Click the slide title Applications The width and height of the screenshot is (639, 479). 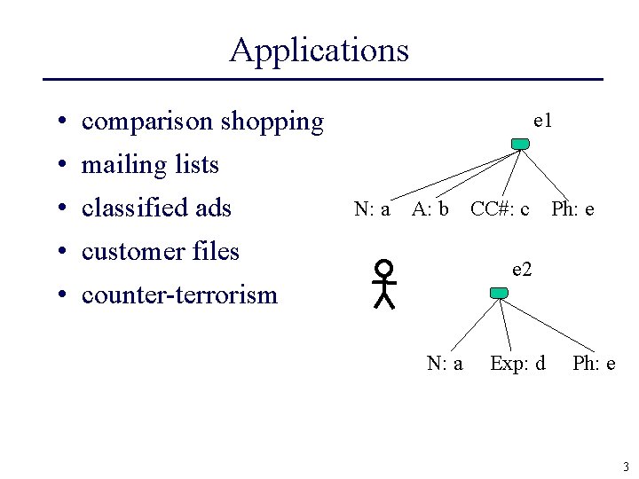tap(319, 50)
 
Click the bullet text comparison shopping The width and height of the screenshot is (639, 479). tap(202, 122)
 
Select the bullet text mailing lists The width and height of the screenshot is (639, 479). tap(150, 165)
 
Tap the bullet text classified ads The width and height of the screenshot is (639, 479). tap(156, 208)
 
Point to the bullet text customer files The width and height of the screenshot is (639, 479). tap(161, 252)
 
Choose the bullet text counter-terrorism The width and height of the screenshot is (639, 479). tap(179, 295)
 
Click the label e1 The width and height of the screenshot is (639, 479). tap(542, 120)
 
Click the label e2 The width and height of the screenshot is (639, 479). tap(522, 269)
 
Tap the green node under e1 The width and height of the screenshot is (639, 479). tap(520, 144)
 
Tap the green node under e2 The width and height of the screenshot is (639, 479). tap(499, 293)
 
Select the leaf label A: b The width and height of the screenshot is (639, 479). tap(430, 209)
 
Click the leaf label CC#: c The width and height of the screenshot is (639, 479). tap(500, 209)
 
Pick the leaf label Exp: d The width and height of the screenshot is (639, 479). tap(517, 363)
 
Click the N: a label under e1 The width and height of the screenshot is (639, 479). tap(372, 209)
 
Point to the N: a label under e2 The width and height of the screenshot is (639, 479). tap(445, 363)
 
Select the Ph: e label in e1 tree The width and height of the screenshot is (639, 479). tap(572, 209)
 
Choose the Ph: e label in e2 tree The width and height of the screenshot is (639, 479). tap(594, 363)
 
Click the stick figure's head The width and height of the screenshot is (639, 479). tap(383, 267)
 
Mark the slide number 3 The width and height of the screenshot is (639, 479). tap(625, 467)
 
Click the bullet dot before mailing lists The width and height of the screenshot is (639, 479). tap(56, 166)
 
